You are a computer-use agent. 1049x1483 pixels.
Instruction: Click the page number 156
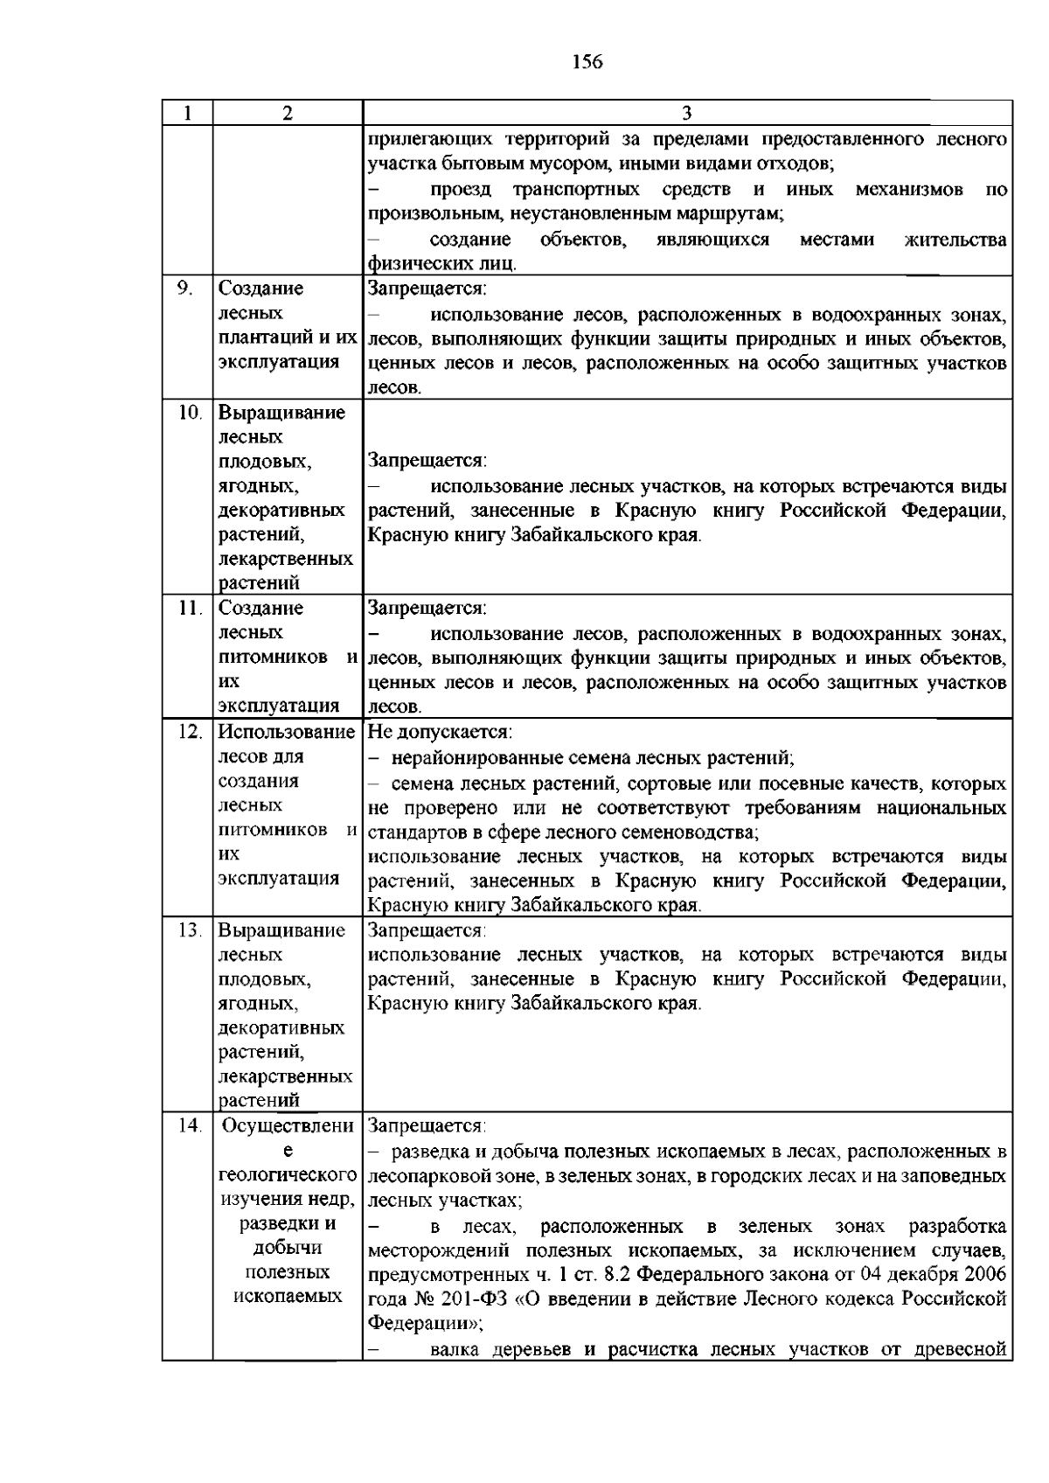point(587,62)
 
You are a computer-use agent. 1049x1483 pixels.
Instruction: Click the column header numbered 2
point(288,114)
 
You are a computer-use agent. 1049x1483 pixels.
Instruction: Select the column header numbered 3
point(687,114)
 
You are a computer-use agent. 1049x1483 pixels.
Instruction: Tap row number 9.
point(184,288)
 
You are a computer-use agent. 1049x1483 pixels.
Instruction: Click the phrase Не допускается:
point(440,732)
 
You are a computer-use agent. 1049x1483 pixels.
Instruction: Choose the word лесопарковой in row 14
point(425,1176)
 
